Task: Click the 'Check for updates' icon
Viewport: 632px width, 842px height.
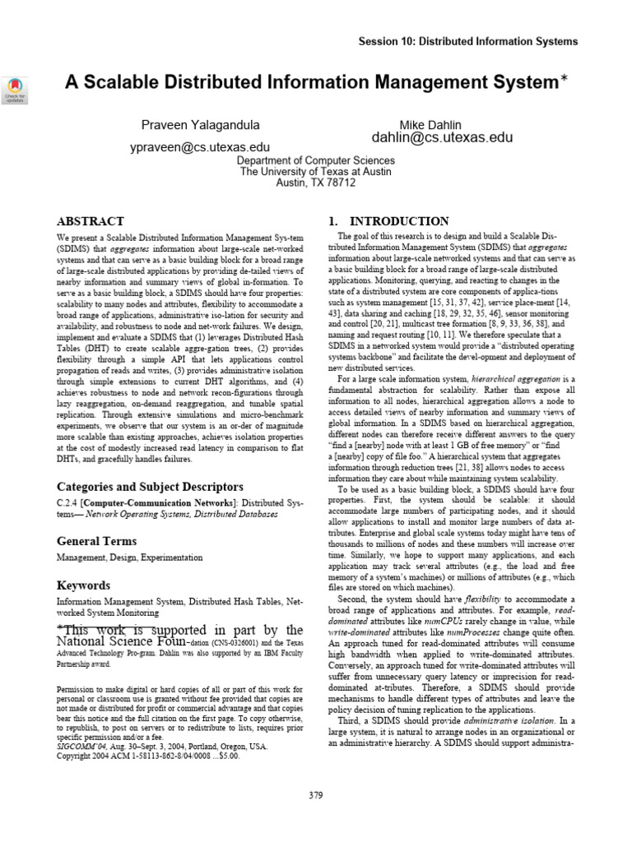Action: (x=16, y=90)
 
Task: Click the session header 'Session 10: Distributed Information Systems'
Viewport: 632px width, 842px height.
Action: (x=468, y=41)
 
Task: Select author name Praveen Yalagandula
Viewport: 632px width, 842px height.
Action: (x=201, y=125)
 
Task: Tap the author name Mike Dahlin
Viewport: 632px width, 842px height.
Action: (x=441, y=125)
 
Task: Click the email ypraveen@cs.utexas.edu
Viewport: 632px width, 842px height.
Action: (x=201, y=147)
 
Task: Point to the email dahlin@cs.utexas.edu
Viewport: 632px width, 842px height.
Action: (x=442, y=137)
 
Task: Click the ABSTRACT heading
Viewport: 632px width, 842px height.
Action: (x=91, y=221)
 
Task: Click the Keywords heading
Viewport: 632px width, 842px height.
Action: (x=83, y=585)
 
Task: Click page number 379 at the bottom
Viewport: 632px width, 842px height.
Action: (x=316, y=794)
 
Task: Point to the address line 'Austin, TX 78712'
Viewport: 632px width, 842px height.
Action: (x=316, y=183)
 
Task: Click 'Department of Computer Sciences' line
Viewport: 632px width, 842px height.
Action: (x=316, y=160)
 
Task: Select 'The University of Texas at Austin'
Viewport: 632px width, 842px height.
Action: (x=316, y=172)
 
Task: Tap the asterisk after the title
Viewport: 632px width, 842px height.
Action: (x=564, y=80)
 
